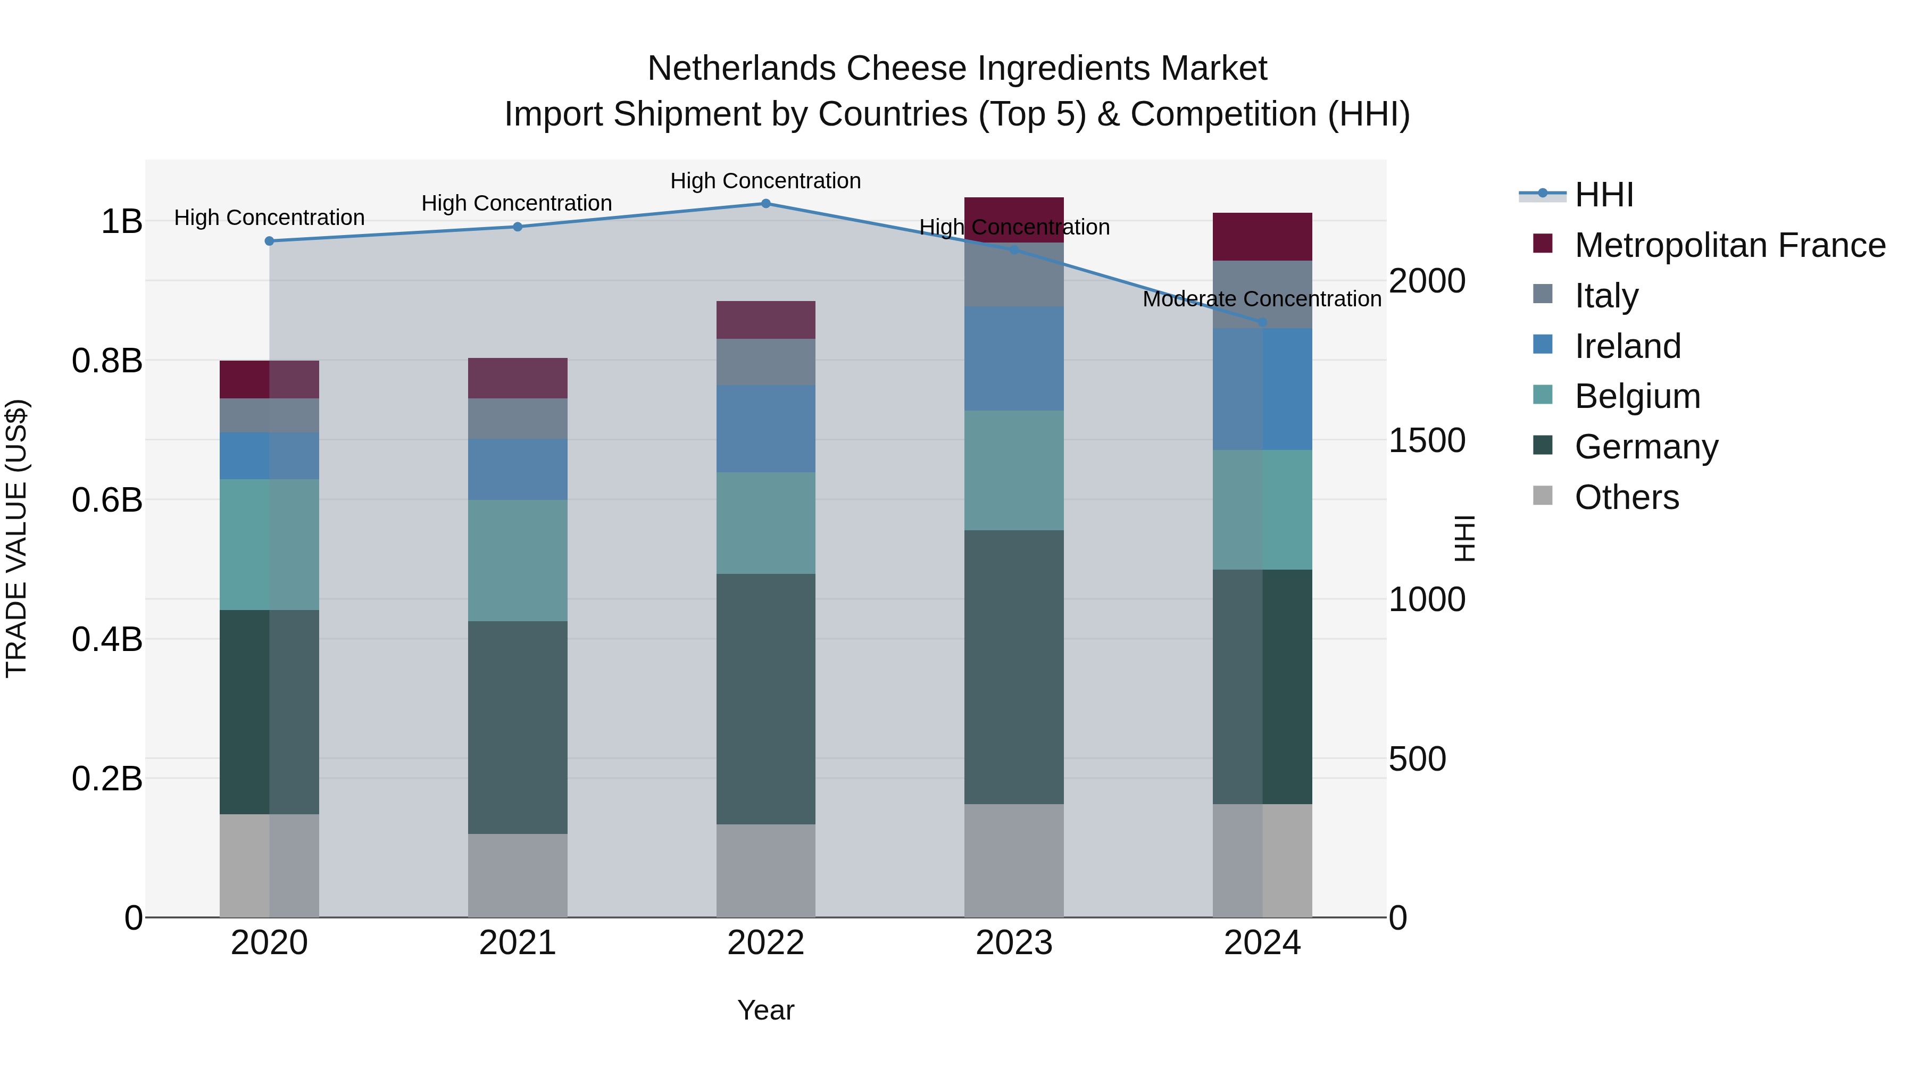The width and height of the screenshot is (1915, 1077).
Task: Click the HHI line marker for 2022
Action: click(765, 203)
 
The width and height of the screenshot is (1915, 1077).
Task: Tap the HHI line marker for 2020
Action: click(269, 241)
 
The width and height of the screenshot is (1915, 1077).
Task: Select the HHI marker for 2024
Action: click(1262, 322)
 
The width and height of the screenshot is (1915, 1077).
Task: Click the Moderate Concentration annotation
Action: click(1262, 299)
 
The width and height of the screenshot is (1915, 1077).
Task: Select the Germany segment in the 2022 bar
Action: click(765, 699)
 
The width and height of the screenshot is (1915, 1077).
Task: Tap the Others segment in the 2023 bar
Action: click(1014, 860)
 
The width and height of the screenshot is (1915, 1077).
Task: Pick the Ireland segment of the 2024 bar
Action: click(1262, 389)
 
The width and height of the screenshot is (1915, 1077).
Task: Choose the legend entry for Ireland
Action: click(1627, 346)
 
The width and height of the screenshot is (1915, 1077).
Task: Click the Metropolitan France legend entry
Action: click(1729, 245)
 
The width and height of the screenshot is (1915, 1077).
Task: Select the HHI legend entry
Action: click(1603, 195)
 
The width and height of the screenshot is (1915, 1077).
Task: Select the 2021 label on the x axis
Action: click(518, 943)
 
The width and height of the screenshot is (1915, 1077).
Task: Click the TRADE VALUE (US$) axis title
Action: click(16, 538)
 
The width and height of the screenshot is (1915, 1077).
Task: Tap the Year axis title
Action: click(765, 1010)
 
